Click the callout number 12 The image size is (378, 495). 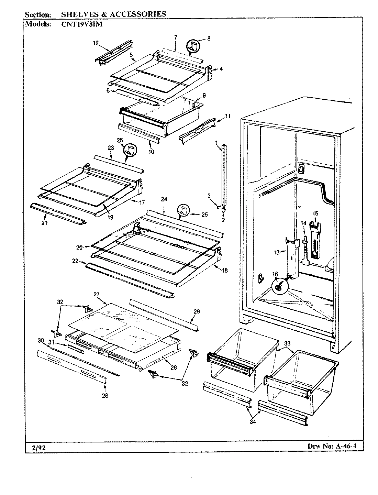[96, 43]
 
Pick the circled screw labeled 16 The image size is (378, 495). [279, 285]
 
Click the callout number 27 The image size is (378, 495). [96, 294]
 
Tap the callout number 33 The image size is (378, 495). [287, 343]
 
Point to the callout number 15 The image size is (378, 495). [315, 213]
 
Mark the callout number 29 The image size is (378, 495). [197, 311]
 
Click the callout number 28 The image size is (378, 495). [105, 396]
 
